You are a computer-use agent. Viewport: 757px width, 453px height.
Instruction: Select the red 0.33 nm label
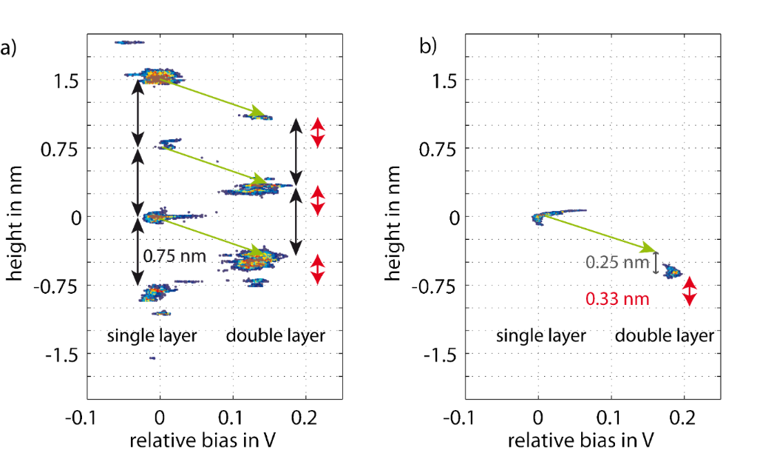(617, 300)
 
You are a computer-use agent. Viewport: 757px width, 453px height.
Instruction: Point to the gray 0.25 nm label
(617, 262)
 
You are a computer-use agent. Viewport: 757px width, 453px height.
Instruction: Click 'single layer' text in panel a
(152, 335)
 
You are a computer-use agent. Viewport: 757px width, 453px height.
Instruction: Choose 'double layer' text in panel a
(276, 335)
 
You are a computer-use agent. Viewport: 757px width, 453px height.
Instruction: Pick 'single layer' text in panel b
(541, 335)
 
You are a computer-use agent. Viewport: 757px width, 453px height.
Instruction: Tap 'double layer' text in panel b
(665, 335)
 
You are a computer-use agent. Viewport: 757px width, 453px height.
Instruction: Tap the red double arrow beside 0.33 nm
(689, 291)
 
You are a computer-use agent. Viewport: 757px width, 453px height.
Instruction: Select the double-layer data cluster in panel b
(673, 271)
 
